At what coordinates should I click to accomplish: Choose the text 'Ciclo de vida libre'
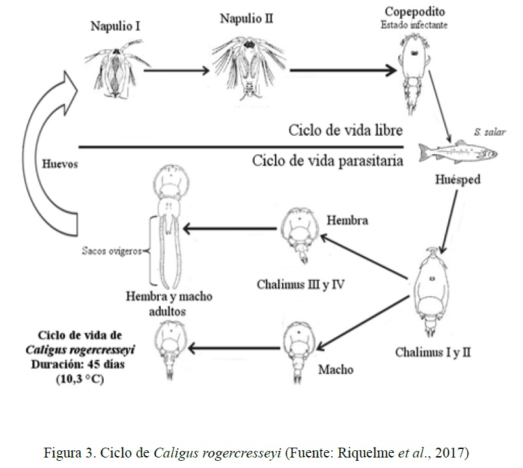[x=345, y=129]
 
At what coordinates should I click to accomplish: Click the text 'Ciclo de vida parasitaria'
[x=326, y=160]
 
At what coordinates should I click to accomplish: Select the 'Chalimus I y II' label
[x=432, y=352]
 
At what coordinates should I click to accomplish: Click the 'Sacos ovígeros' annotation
[x=112, y=250]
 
